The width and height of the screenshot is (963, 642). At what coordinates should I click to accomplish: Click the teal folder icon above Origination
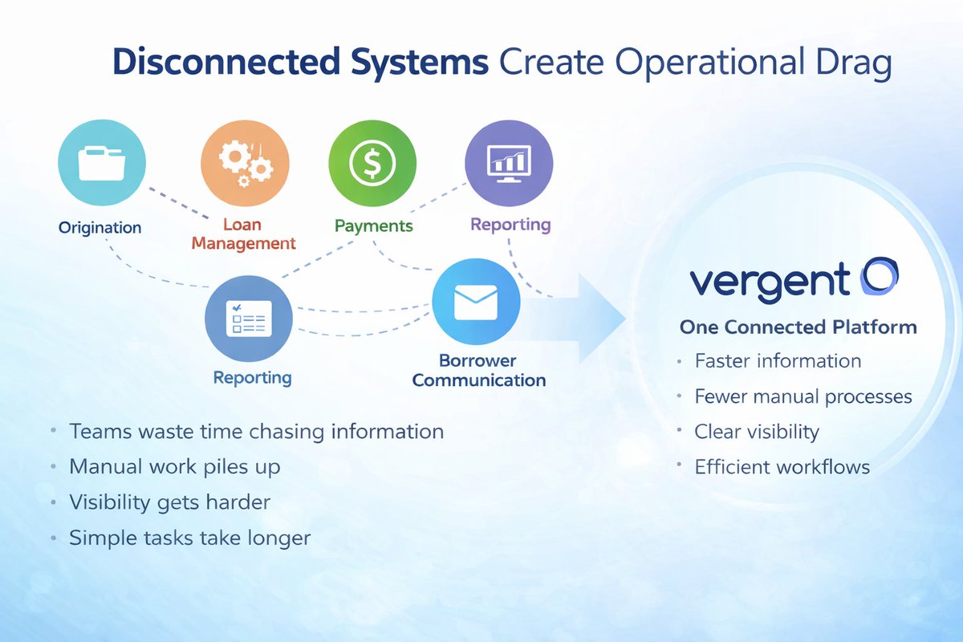click(x=102, y=163)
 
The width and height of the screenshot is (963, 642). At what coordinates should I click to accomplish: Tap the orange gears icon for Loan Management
click(x=244, y=163)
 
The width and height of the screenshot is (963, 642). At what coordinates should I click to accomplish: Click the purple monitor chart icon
click(x=509, y=163)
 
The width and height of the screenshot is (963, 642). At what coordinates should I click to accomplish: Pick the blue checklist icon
click(x=249, y=319)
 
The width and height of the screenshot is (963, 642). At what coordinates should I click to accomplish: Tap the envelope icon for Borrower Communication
click(x=476, y=303)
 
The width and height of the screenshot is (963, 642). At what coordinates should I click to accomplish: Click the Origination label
click(x=100, y=227)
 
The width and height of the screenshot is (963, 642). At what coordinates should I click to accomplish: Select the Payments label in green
click(x=373, y=226)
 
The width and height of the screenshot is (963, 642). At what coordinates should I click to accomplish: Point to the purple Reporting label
click(x=510, y=224)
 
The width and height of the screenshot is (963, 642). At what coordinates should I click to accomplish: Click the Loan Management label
click(x=243, y=234)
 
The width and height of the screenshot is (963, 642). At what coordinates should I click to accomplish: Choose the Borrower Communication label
click(x=478, y=370)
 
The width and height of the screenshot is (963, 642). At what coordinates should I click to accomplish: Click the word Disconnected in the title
click(x=217, y=64)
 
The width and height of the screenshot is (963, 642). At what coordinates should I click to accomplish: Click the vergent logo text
click(x=769, y=281)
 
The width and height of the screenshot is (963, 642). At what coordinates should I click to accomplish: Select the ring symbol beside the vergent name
click(x=879, y=277)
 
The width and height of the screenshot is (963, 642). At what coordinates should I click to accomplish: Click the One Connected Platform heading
click(x=798, y=327)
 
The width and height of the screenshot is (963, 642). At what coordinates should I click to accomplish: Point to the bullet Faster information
click(x=778, y=361)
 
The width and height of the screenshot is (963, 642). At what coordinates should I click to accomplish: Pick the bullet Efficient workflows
click(x=782, y=466)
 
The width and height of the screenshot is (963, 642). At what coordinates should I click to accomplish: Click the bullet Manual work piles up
click(x=175, y=466)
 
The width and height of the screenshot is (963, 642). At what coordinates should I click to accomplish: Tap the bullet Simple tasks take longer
click(x=189, y=537)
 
